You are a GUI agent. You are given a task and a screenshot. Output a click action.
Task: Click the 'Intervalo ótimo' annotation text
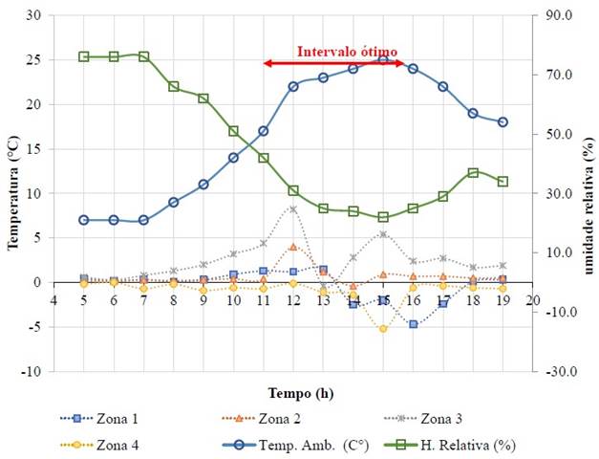tap(347, 52)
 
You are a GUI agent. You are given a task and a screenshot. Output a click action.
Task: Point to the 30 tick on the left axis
tap(34, 16)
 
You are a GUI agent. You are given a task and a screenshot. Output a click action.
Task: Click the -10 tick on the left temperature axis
tap(32, 371)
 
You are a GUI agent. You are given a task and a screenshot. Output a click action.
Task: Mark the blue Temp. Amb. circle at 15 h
tap(383, 60)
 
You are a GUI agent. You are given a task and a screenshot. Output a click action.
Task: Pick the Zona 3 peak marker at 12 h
tap(293, 208)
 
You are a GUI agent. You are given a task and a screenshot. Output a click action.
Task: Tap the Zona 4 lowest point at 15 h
tap(383, 328)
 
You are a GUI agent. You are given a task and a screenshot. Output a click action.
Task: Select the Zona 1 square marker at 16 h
tap(413, 324)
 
